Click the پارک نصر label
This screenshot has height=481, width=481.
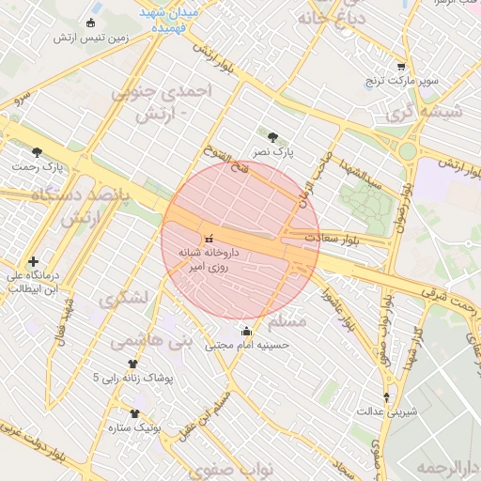(273, 150)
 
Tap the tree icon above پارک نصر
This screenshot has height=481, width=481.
(273, 136)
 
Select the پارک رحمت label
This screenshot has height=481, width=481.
(37, 166)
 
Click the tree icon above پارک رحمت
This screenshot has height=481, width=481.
(37, 152)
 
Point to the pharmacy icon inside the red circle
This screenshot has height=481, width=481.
(209, 239)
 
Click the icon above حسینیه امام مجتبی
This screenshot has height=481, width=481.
(247, 331)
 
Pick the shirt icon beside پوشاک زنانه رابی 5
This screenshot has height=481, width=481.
(132, 364)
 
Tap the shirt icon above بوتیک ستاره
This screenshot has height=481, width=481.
(134, 413)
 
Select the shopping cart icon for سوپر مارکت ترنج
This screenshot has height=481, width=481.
(401, 68)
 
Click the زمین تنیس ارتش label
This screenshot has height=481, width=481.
(90, 37)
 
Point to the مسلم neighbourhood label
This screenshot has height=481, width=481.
(287, 322)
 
